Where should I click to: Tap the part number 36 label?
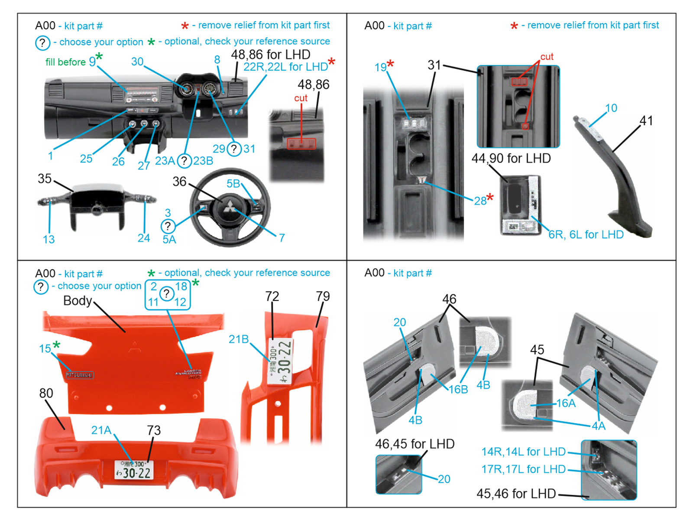pyautogui.click(x=179, y=182)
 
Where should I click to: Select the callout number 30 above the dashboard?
pyautogui.click(x=137, y=62)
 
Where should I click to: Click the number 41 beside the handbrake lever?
pyautogui.click(x=646, y=121)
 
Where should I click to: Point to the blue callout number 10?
pyautogui.click(x=611, y=108)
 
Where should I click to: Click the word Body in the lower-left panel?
pyautogui.click(x=77, y=301)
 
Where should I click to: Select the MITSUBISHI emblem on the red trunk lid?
pyautogui.click(x=80, y=375)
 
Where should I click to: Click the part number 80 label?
pyautogui.click(x=46, y=393)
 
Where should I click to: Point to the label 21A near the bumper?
pyautogui.click(x=101, y=430)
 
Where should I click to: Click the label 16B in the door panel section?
pyautogui.click(x=458, y=390)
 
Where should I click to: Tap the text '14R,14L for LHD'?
pyautogui.click(x=523, y=452)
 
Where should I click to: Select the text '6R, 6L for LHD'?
pyautogui.click(x=586, y=235)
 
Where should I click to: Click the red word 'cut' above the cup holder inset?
pyautogui.click(x=547, y=57)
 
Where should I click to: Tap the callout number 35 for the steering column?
pyautogui.click(x=45, y=179)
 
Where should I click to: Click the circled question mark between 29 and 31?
pyautogui.click(x=234, y=149)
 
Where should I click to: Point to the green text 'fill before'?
pyautogui.click(x=65, y=62)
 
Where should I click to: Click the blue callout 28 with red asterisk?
pyautogui.click(x=480, y=201)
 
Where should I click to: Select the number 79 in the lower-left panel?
pyautogui.click(x=323, y=296)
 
